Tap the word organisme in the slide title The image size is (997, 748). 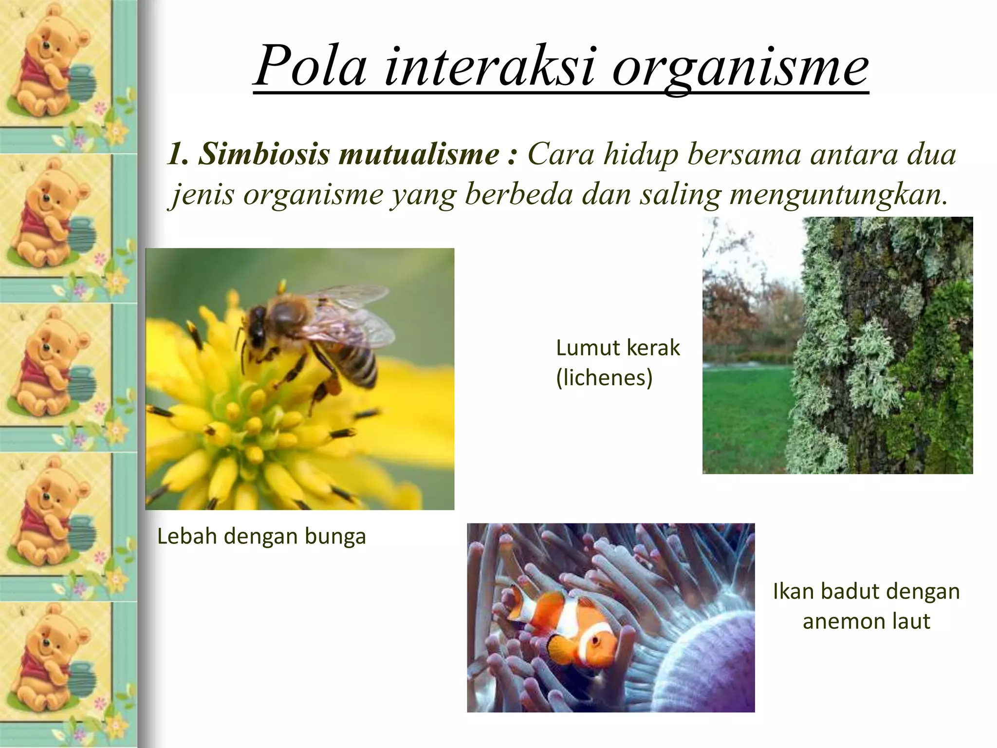click(x=740, y=68)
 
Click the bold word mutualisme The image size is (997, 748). click(x=419, y=154)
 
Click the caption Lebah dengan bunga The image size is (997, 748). click(x=261, y=536)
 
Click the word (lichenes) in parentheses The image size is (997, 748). click(x=604, y=378)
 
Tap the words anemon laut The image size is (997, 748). click(x=866, y=621)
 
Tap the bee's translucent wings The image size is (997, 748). click(x=351, y=317)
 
